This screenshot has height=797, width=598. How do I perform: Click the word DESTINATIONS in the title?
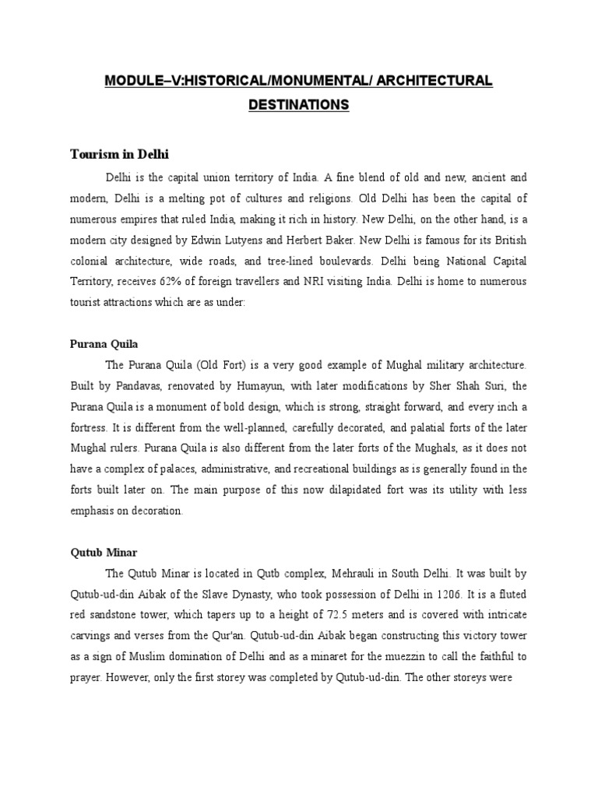(x=298, y=104)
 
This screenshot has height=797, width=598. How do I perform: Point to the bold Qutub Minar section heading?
(x=101, y=553)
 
